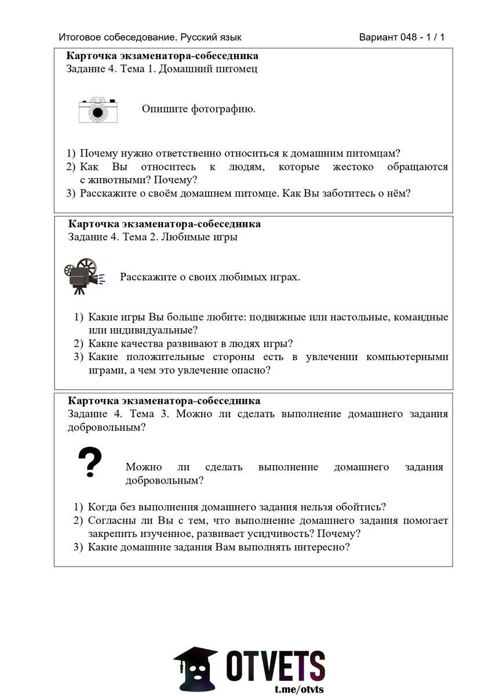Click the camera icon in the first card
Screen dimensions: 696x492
(98, 110)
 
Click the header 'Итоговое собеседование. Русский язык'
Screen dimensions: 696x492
(150, 38)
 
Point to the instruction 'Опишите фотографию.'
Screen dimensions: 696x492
(198, 109)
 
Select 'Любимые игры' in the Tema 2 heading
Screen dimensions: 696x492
(199, 237)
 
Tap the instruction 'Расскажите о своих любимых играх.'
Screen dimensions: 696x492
(210, 277)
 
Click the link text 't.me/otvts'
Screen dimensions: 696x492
(299, 689)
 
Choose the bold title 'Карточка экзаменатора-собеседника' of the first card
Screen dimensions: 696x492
(163, 56)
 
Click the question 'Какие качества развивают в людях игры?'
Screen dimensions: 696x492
(190, 343)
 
